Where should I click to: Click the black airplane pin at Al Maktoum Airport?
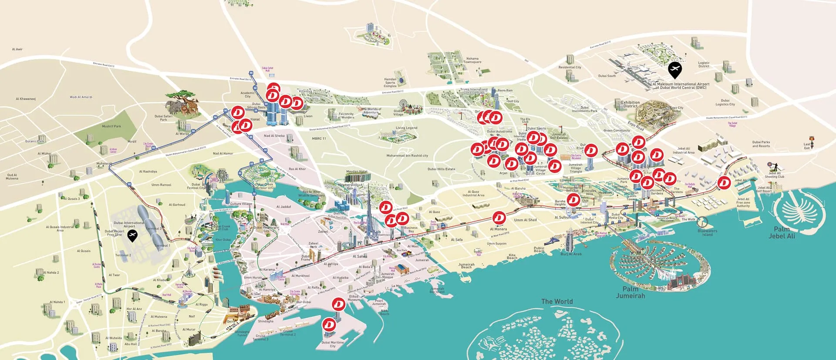(x=674, y=70)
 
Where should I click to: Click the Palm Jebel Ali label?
(x=782, y=232)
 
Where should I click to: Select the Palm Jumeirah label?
(x=630, y=292)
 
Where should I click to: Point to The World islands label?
(x=557, y=301)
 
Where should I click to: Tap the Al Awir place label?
(x=17, y=49)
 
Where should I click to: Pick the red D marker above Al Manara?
(x=499, y=217)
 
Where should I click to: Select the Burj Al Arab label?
(x=571, y=254)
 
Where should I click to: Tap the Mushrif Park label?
(x=111, y=126)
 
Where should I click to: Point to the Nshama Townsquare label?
(x=472, y=60)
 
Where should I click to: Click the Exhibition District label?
(x=630, y=104)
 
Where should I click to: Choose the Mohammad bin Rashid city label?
(x=407, y=155)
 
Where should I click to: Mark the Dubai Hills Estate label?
(x=441, y=169)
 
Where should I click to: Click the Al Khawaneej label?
(x=26, y=99)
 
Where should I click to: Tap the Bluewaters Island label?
(x=707, y=232)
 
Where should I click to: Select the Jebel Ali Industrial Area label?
(x=684, y=150)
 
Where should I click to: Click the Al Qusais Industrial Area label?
(x=60, y=228)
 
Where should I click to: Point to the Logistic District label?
(x=704, y=64)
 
